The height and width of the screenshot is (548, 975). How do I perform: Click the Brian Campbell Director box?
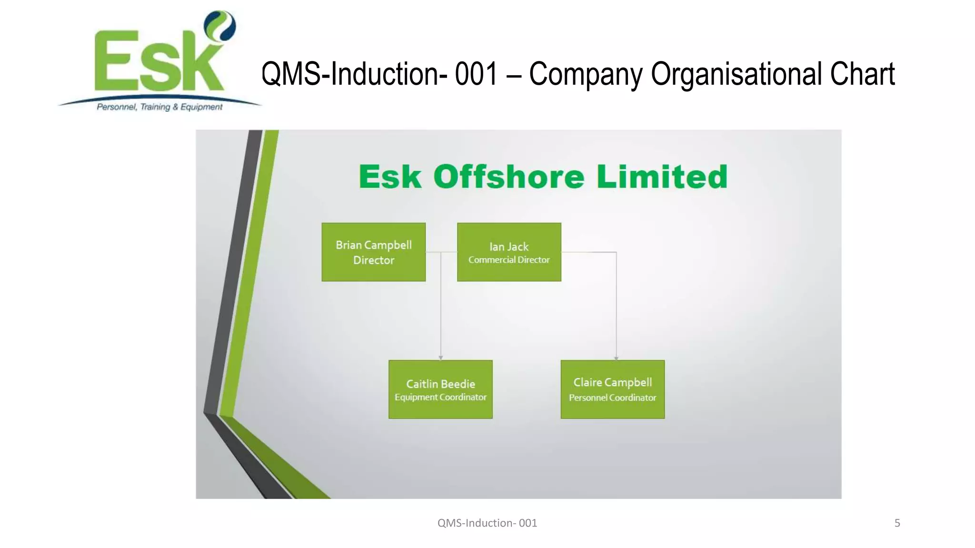click(373, 252)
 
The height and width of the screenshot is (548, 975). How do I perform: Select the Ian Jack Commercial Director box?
click(509, 252)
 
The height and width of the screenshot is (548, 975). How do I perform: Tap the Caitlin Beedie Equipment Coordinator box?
click(440, 389)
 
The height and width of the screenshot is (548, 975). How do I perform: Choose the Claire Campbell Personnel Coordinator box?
click(612, 389)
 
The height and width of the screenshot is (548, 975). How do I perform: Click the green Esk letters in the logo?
click(157, 62)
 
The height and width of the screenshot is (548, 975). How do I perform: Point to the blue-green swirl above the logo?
click(220, 26)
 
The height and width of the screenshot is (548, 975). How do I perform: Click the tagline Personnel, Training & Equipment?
click(159, 107)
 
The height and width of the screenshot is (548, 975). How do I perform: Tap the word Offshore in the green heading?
click(508, 177)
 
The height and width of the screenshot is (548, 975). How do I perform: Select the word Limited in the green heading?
click(662, 177)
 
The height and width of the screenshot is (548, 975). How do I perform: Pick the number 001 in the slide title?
click(476, 74)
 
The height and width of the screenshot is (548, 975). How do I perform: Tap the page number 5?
click(897, 523)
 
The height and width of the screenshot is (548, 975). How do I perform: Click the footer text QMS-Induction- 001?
click(487, 523)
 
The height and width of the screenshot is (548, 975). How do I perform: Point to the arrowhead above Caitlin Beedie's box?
click(441, 358)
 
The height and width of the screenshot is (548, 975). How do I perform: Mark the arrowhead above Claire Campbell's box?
click(616, 358)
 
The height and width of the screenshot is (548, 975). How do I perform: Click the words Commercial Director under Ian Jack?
click(509, 260)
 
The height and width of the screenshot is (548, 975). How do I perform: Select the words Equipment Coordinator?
click(440, 397)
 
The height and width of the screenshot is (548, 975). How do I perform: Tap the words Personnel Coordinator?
click(612, 398)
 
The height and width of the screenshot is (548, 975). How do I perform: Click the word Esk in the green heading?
click(390, 177)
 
